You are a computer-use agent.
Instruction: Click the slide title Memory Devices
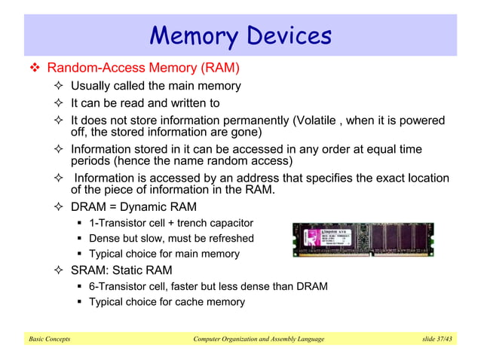(240, 35)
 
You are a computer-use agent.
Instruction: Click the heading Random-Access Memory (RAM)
(143, 69)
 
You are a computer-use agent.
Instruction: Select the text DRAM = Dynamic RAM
(133, 206)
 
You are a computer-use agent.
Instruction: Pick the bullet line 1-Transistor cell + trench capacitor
(171, 223)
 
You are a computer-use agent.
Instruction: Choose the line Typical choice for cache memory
(167, 302)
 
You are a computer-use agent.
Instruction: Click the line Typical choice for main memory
(164, 255)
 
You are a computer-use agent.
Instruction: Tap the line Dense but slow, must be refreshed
(171, 239)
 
